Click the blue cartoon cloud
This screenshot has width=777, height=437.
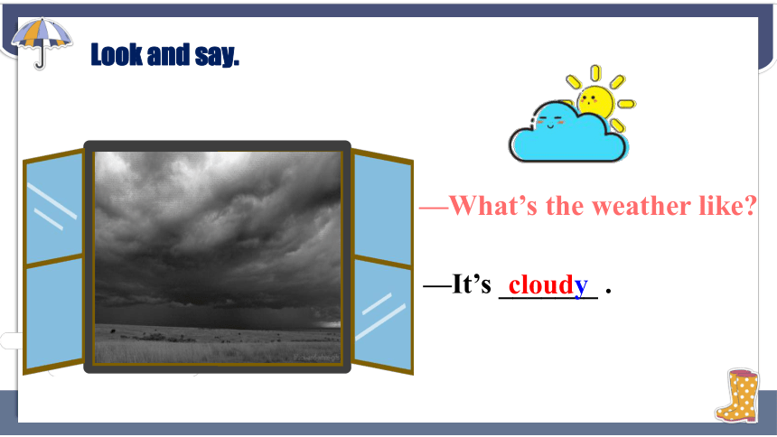(x=567, y=133)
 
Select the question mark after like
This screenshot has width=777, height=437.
(x=747, y=206)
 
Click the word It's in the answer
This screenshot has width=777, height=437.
(x=472, y=284)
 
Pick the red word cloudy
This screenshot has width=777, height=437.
(x=548, y=285)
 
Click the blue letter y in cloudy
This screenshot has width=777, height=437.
(x=581, y=288)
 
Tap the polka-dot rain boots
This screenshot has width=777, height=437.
(x=737, y=395)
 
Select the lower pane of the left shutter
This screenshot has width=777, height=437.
(x=54, y=312)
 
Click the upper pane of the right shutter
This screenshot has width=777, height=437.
(x=382, y=209)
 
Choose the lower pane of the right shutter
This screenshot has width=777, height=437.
(x=383, y=315)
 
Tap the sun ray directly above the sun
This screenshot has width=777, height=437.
(x=595, y=73)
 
